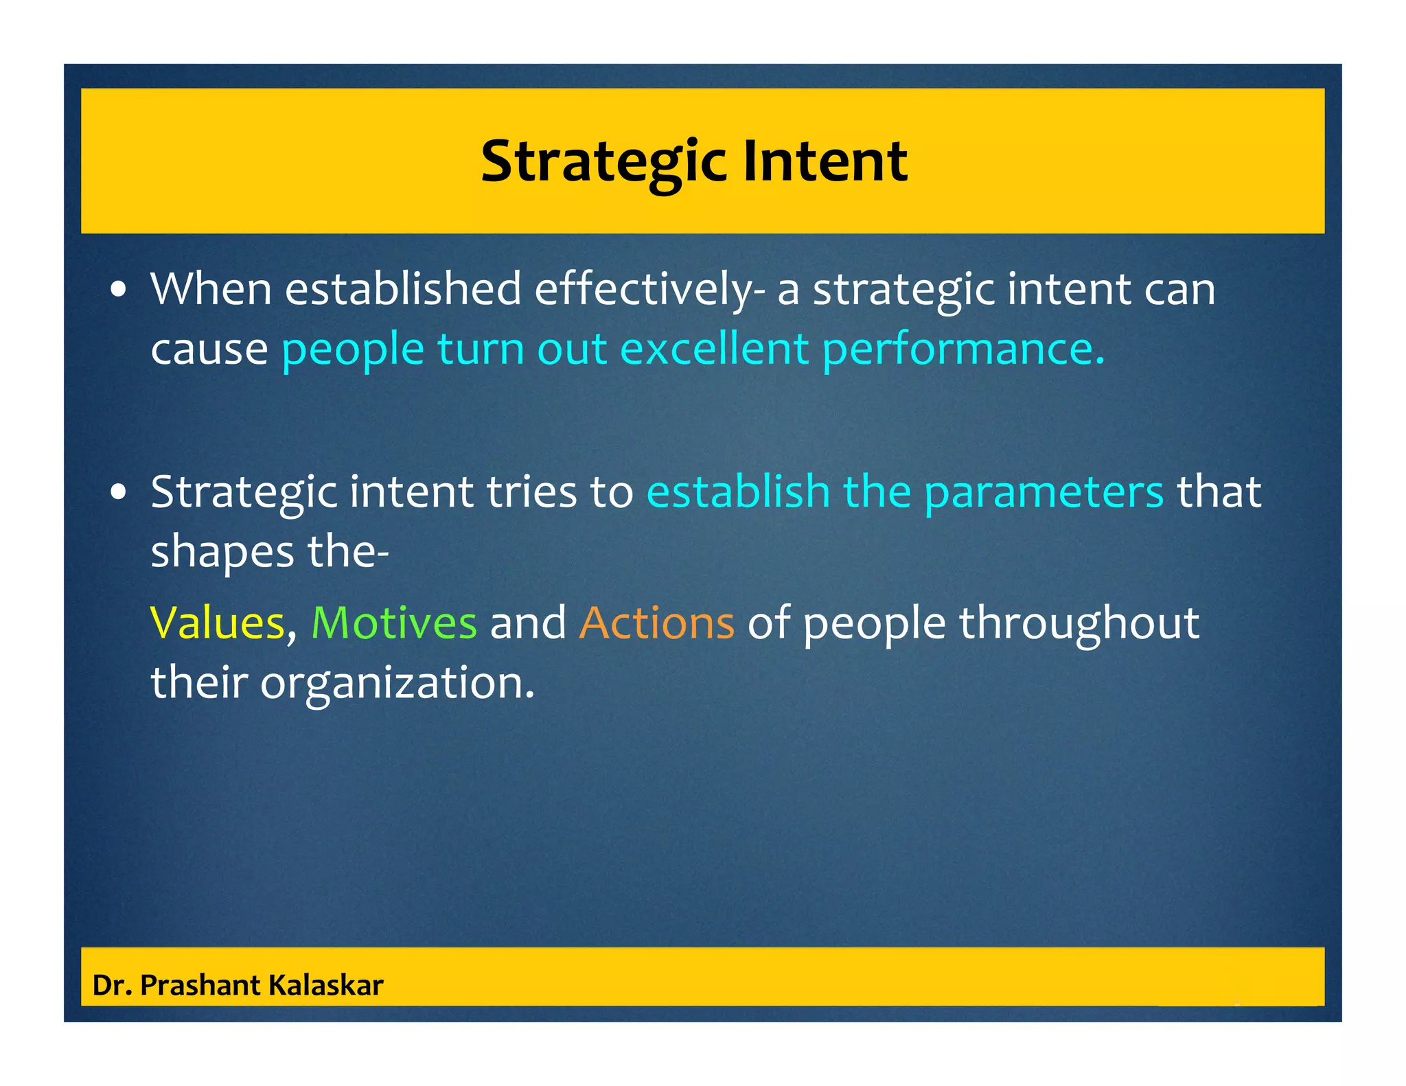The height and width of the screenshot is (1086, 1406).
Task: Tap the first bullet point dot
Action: pyautogui.click(x=119, y=290)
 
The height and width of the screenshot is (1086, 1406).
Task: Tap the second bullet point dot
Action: pyautogui.click(x=119, y=493)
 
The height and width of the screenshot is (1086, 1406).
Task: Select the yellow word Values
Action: pyautogui.click(x=217, y=623)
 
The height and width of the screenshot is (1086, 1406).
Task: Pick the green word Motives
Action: pyautogui.click(x=394, y=623)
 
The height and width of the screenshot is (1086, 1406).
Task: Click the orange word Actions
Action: pyautogui.click(x=656, y=623)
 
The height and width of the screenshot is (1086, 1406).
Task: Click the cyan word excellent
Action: pyautogui.click(x=714, y=349)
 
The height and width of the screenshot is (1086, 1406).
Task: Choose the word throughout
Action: pyautogui.click(x=1079, y=623)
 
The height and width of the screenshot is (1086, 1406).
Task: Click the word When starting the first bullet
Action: pyautogui.click(x=211, y=289)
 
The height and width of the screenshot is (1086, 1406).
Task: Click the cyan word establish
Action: pyautogui.click(x=738, y=492)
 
